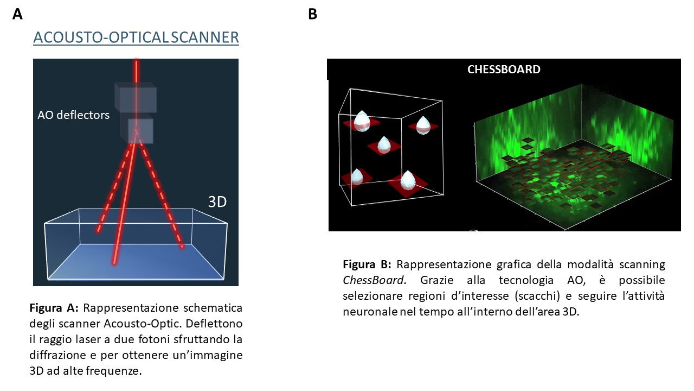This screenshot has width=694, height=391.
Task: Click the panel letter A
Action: tap(18, 14)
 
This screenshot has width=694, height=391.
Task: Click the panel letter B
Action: tap(312, 14)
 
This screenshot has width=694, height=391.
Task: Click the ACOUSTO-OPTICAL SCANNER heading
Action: tap(136, 37)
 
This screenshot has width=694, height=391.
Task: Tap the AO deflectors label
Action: tap(73, 115)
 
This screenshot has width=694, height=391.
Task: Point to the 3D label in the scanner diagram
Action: tap(217, 202)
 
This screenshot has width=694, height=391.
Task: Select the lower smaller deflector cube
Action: tap(140, 131)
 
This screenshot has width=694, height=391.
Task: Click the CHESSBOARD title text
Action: tap(504, 70)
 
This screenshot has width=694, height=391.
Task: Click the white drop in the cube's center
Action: tap(384, 144)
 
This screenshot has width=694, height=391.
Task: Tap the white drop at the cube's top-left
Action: tap(362, 121)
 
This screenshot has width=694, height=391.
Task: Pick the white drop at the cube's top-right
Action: tap(423, 124)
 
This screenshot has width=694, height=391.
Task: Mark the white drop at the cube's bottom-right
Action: tap(407, 179)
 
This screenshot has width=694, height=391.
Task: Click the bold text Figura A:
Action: tap(54, 308)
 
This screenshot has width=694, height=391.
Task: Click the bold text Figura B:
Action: tap(367, 264)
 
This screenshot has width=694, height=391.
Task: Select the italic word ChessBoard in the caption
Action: tap(374, 280)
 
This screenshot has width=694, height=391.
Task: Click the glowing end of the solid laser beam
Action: tap(114, 262)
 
